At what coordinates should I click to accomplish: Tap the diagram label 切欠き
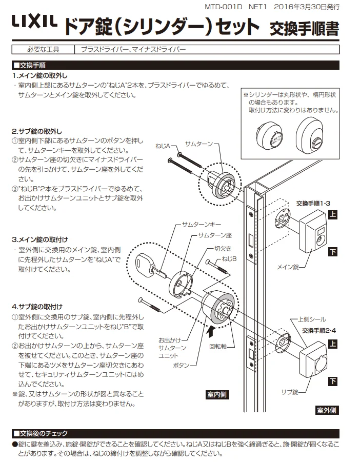[x=222, y=249]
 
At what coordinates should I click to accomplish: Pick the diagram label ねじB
[x=229, y=260]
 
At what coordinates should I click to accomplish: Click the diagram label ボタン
[x=182, y=365]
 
